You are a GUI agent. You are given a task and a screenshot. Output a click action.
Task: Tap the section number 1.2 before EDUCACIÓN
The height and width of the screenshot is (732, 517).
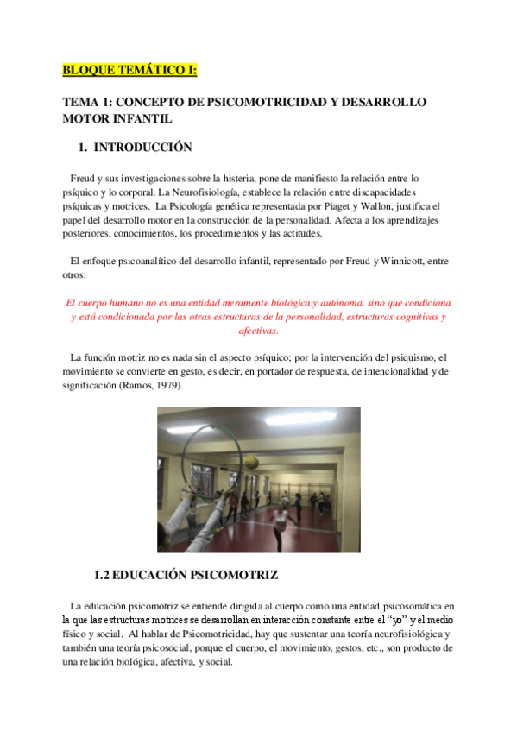point(104,573)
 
